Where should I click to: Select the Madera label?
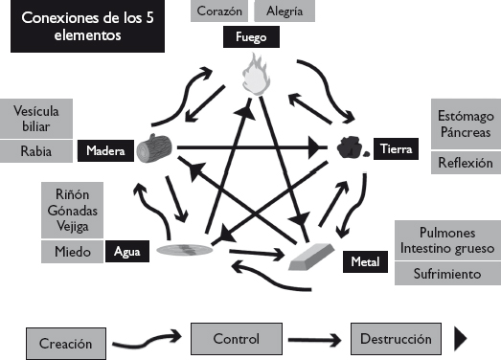[x=105, y=151]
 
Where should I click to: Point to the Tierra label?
[x=396, y=149]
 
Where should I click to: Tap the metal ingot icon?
[x=312, y=254]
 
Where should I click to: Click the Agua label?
[x=126, y=252]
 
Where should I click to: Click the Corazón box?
[x=221, y=11]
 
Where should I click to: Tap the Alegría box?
[x=285, y=11]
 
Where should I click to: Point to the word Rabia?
[x=35, y=150]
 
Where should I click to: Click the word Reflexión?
[x=465, y=163]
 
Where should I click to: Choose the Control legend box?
[x=237, y=338]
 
